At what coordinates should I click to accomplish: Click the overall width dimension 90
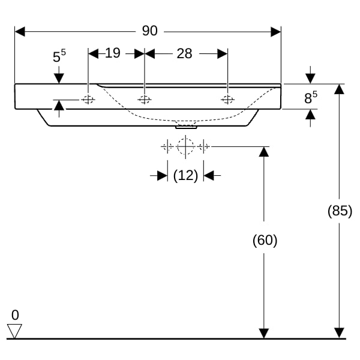(x=149, y=31)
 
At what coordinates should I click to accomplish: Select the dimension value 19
(x=113, y=53)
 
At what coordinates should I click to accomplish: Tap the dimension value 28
(x=184, y=54)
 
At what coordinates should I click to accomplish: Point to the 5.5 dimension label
(x=59, y=56)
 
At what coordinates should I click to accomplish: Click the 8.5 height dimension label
(x=311, y=97)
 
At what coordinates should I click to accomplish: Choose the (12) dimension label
(x=185, y=176)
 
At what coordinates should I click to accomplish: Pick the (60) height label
(x=265, y=241)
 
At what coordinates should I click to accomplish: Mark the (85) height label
(x=340, y=211)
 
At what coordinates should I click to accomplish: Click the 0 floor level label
(x=15, y=315)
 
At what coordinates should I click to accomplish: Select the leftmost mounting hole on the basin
(x=88, y=100)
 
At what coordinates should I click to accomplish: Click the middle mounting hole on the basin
(x=145, y=100)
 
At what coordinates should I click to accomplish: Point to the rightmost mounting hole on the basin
(x=228, y=100)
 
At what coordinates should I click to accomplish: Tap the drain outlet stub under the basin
(x=186, y=127)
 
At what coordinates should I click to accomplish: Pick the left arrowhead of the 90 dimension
(x=20, y=32)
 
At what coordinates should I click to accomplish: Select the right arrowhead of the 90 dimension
(x=276, y=32)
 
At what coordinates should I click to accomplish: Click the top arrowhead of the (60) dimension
(x=264, y=152)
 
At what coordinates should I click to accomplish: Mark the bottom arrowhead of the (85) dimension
(x=340, y=333)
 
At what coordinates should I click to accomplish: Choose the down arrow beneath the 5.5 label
(x=59, y=75)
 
